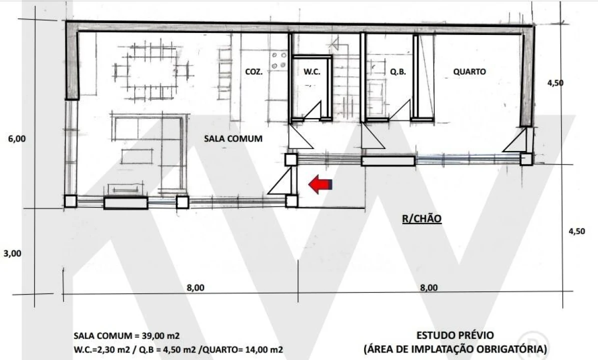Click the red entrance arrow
tap(320, 184)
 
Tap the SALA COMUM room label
tap(233, 138)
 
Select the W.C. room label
tap(312, 72)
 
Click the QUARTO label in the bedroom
tap(469, 71)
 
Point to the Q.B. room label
tap(398, 72)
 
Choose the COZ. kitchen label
tap(254, 72)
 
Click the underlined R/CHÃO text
tap(422, 218)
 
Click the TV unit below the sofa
tap(123, 189)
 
